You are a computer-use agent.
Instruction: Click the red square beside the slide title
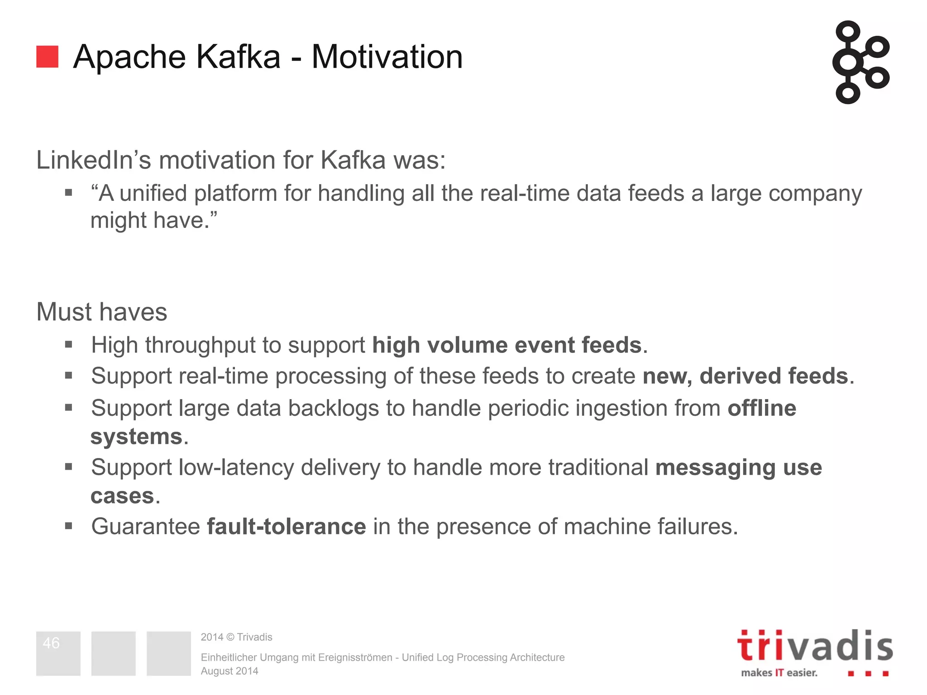click(47, 57)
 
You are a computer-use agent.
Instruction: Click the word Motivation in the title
click(387, 57)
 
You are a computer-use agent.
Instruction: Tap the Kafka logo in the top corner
click(860, 62)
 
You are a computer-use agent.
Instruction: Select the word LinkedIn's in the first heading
click(93, 160)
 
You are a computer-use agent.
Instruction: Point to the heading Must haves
click(102, 312)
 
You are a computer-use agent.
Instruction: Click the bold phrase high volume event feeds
click(507, 345)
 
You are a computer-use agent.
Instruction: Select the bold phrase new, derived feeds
click(745, 376)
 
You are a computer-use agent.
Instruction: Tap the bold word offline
click(762, 408)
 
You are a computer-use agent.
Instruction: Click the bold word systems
click(136, 437)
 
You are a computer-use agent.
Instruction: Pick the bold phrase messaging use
click(738, 467)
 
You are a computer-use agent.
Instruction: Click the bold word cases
click(122, 496)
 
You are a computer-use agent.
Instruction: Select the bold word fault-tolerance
click(286, 527)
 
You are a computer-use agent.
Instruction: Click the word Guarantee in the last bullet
click(146, 527)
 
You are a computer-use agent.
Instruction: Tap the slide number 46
click(51, 643)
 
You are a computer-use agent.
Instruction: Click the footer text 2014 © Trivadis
click(236, 637)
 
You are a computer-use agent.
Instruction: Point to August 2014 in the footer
click(229, 671)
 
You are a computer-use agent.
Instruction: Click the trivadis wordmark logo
click(815, 646)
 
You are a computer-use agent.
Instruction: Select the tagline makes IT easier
click(779, 673)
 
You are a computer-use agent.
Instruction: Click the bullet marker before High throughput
click(69, 345)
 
